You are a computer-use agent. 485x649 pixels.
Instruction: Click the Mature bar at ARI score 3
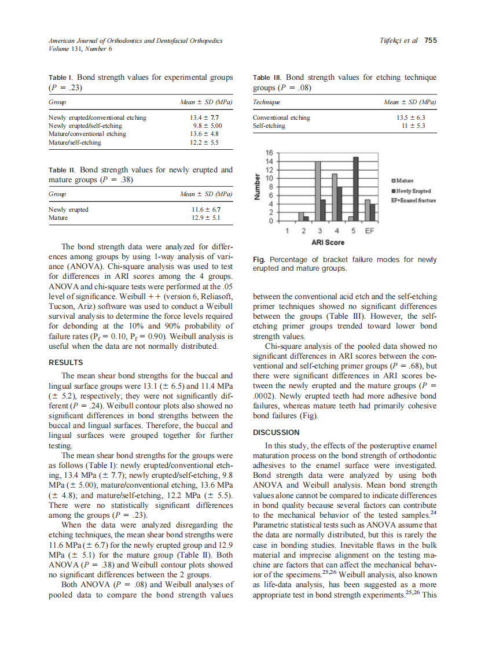[318, 191]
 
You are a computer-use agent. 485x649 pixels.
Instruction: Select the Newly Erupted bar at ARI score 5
[356, 189]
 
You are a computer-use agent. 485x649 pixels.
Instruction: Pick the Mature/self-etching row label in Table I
[75, 142]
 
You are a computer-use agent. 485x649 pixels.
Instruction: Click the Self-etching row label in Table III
[269, 126]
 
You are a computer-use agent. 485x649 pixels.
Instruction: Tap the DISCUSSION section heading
[276, 432]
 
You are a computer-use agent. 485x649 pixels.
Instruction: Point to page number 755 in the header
[430, 40]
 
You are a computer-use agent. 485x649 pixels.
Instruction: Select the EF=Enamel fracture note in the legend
[413, 200]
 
